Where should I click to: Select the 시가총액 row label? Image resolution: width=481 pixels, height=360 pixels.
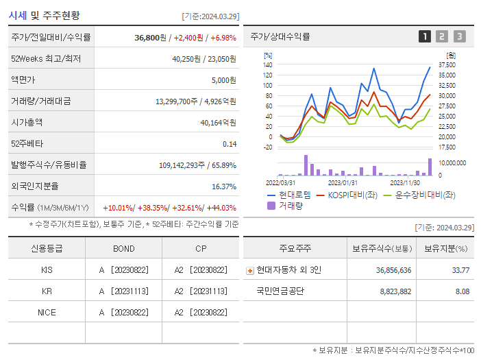tap(27, 122)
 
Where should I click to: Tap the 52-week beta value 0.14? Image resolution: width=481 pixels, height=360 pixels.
tap(229, 143)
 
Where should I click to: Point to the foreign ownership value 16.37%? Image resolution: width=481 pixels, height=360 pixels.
tap(223, 186)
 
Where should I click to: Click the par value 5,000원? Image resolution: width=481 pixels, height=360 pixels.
tap(223, 80)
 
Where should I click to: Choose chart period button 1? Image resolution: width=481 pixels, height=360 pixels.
tap(425, 36)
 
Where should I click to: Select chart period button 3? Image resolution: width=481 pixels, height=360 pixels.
tap(459, 36)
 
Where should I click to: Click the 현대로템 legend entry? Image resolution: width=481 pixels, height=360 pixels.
tap(288, 195)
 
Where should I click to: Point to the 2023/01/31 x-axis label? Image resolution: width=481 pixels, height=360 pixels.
tap(343, 182)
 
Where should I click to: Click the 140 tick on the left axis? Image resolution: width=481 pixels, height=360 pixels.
tap(267, 64)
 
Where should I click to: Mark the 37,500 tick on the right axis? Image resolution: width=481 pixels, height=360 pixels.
tap(447, 64)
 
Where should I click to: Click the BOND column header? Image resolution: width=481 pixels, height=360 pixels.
tap(123, 248)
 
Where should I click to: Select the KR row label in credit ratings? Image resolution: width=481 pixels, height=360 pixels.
tap(47, 291)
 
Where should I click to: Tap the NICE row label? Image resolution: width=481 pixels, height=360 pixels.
tap(47, 312)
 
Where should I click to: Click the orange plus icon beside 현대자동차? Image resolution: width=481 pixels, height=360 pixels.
tap(249, 270)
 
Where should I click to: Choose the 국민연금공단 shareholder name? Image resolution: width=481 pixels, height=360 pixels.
tap(280, 291)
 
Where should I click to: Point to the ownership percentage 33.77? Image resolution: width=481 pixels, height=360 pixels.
tap(461, 270)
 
